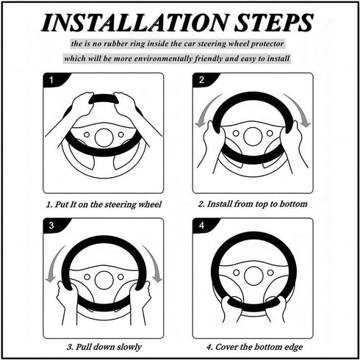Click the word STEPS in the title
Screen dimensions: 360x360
tap(274, 23)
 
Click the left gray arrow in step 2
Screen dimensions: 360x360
tap(205, 110)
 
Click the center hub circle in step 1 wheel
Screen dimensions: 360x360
tap(104, 137)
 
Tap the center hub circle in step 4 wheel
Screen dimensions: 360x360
tap(253, 276)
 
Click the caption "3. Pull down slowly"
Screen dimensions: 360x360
tap(104, 347)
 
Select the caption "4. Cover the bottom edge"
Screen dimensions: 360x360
tap(254, 347)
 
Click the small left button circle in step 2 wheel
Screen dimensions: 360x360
tap(236, 134)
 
